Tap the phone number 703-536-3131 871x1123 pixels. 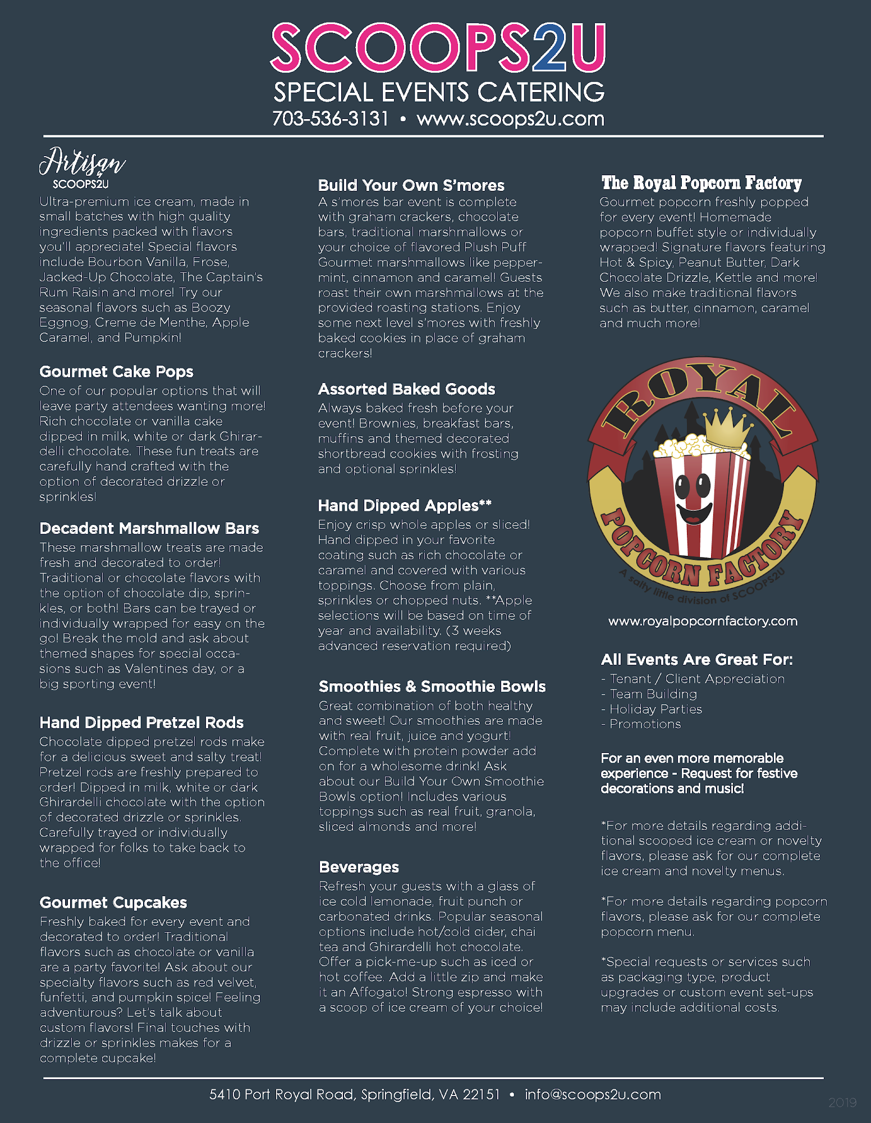pos(331,119)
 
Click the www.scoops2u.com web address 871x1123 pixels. pos(510,119)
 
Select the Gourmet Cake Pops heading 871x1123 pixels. pos(116,372)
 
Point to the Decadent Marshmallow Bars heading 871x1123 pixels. pos(149,528)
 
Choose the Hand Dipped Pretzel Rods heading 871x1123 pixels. pos(141,723)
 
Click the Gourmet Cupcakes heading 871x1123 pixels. pos(113,902)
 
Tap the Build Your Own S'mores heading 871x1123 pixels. pos(411,185)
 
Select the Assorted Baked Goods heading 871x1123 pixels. pos(406,389)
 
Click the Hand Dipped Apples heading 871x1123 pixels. pos(405,505)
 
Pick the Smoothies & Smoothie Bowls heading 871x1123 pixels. pos(432,686)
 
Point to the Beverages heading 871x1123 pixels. pos(359,867)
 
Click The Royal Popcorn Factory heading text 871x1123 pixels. pos(702,183)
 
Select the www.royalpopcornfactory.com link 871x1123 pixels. pos(703,621)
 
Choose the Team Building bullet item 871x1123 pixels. pos(653,694)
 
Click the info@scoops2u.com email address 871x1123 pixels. pos(593,1094)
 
